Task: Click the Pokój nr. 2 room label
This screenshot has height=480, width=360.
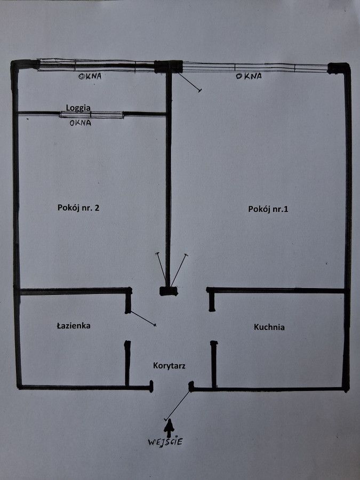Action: tap(78, 208)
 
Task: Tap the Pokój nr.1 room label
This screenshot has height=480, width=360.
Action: tap(268, 209)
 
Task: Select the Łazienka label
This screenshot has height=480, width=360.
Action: tap(74, 325)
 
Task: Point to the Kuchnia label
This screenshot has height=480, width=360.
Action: tap(269, 327)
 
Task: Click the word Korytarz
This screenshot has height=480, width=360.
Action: tap(169, 366)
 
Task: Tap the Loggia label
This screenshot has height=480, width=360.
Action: tap(78, 108)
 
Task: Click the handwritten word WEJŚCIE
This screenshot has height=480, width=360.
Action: tap(165, 442)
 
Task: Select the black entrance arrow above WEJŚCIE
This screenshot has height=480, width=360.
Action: tap(169, 428)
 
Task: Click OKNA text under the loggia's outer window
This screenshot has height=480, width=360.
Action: tap(90, 76)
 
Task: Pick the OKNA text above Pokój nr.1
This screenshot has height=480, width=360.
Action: tap(249, 76)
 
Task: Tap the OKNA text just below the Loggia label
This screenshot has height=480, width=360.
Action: tap(80, 123)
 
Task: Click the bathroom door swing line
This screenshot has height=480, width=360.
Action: tap(143, 318)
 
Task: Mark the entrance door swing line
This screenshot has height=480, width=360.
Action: tap(178, 405)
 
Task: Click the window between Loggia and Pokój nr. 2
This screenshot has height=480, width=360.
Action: tap(92, 115)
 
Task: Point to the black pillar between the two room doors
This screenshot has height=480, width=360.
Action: tap(169, 291)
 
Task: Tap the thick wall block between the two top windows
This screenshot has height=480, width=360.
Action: tap(169, 67)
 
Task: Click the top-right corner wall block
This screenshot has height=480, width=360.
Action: tap(339, 68)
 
